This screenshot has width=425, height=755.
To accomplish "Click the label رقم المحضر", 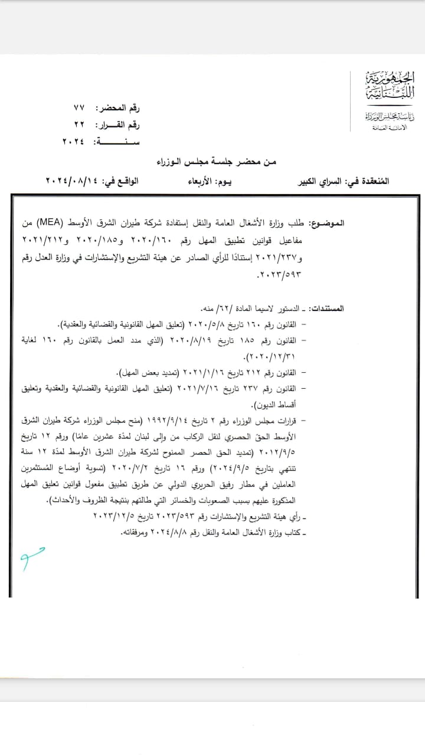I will [x=123, y=109].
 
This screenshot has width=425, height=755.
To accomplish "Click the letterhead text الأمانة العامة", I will [x=390, y=128].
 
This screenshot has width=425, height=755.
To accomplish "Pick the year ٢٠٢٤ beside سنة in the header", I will [x=73, y=141].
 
